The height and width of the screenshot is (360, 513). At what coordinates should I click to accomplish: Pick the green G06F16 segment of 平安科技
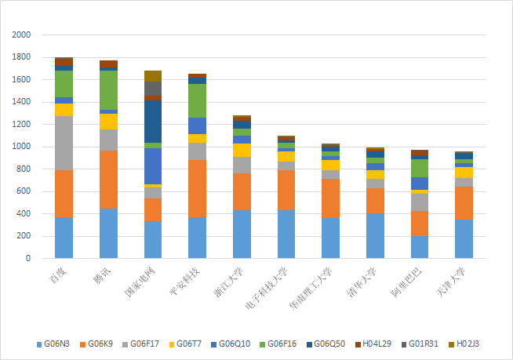click(198, 100)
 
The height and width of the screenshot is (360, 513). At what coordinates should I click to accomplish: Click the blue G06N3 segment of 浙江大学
click(242, 234)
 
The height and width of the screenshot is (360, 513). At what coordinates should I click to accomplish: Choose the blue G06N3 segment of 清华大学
click(376, 235)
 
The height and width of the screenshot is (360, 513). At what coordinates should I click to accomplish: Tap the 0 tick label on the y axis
click(28, 258)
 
